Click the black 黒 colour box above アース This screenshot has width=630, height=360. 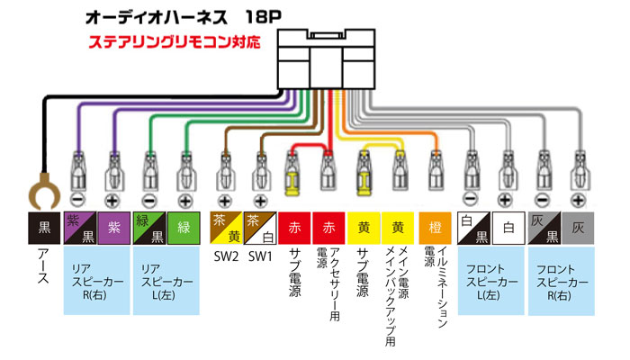42,228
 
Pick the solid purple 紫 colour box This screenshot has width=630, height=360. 114,228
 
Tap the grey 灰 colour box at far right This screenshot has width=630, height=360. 578,228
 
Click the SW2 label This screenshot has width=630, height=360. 225,256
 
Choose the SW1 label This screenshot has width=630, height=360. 260,256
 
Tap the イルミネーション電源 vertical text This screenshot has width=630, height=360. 433,288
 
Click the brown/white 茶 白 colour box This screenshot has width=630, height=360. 260,228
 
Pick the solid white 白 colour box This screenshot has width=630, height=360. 508,228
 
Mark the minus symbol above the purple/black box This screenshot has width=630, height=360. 77,198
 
